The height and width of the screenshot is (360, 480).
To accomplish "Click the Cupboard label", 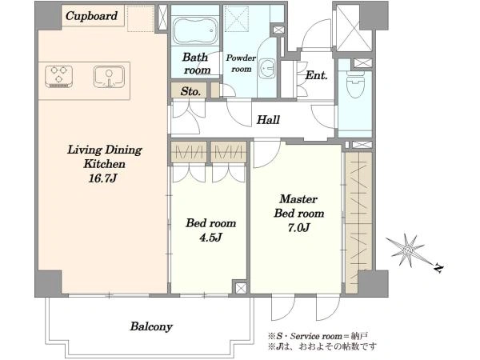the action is point(91,16).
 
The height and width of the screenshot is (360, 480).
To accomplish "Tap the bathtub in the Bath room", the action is point(195,30).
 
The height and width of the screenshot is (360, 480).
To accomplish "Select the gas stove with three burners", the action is point(58,77).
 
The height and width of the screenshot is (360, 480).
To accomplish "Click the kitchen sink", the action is point(109,77).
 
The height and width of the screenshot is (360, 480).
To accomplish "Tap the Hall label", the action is point(268,120).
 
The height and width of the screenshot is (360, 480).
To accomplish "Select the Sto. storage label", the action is point(190,91).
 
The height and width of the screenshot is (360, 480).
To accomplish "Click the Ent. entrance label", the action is point(317,75).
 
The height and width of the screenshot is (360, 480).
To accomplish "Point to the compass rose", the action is point(406,250).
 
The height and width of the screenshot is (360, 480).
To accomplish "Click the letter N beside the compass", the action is point(439,268).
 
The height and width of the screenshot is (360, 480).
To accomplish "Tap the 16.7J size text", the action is point(103,178).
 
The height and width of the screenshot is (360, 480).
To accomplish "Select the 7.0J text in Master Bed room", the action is point(298,228).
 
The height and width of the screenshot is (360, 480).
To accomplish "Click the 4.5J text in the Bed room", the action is point(210,238).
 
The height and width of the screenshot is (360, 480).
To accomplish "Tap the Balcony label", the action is point(151,326).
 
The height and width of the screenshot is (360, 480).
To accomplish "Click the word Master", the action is point(298,199).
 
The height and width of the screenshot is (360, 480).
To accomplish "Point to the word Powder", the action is point(241,58).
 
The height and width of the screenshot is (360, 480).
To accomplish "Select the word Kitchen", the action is point(104,164).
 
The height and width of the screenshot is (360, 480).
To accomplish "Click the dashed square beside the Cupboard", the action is point(141,18).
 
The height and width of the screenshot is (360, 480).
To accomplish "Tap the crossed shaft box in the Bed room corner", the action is point(241,288).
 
